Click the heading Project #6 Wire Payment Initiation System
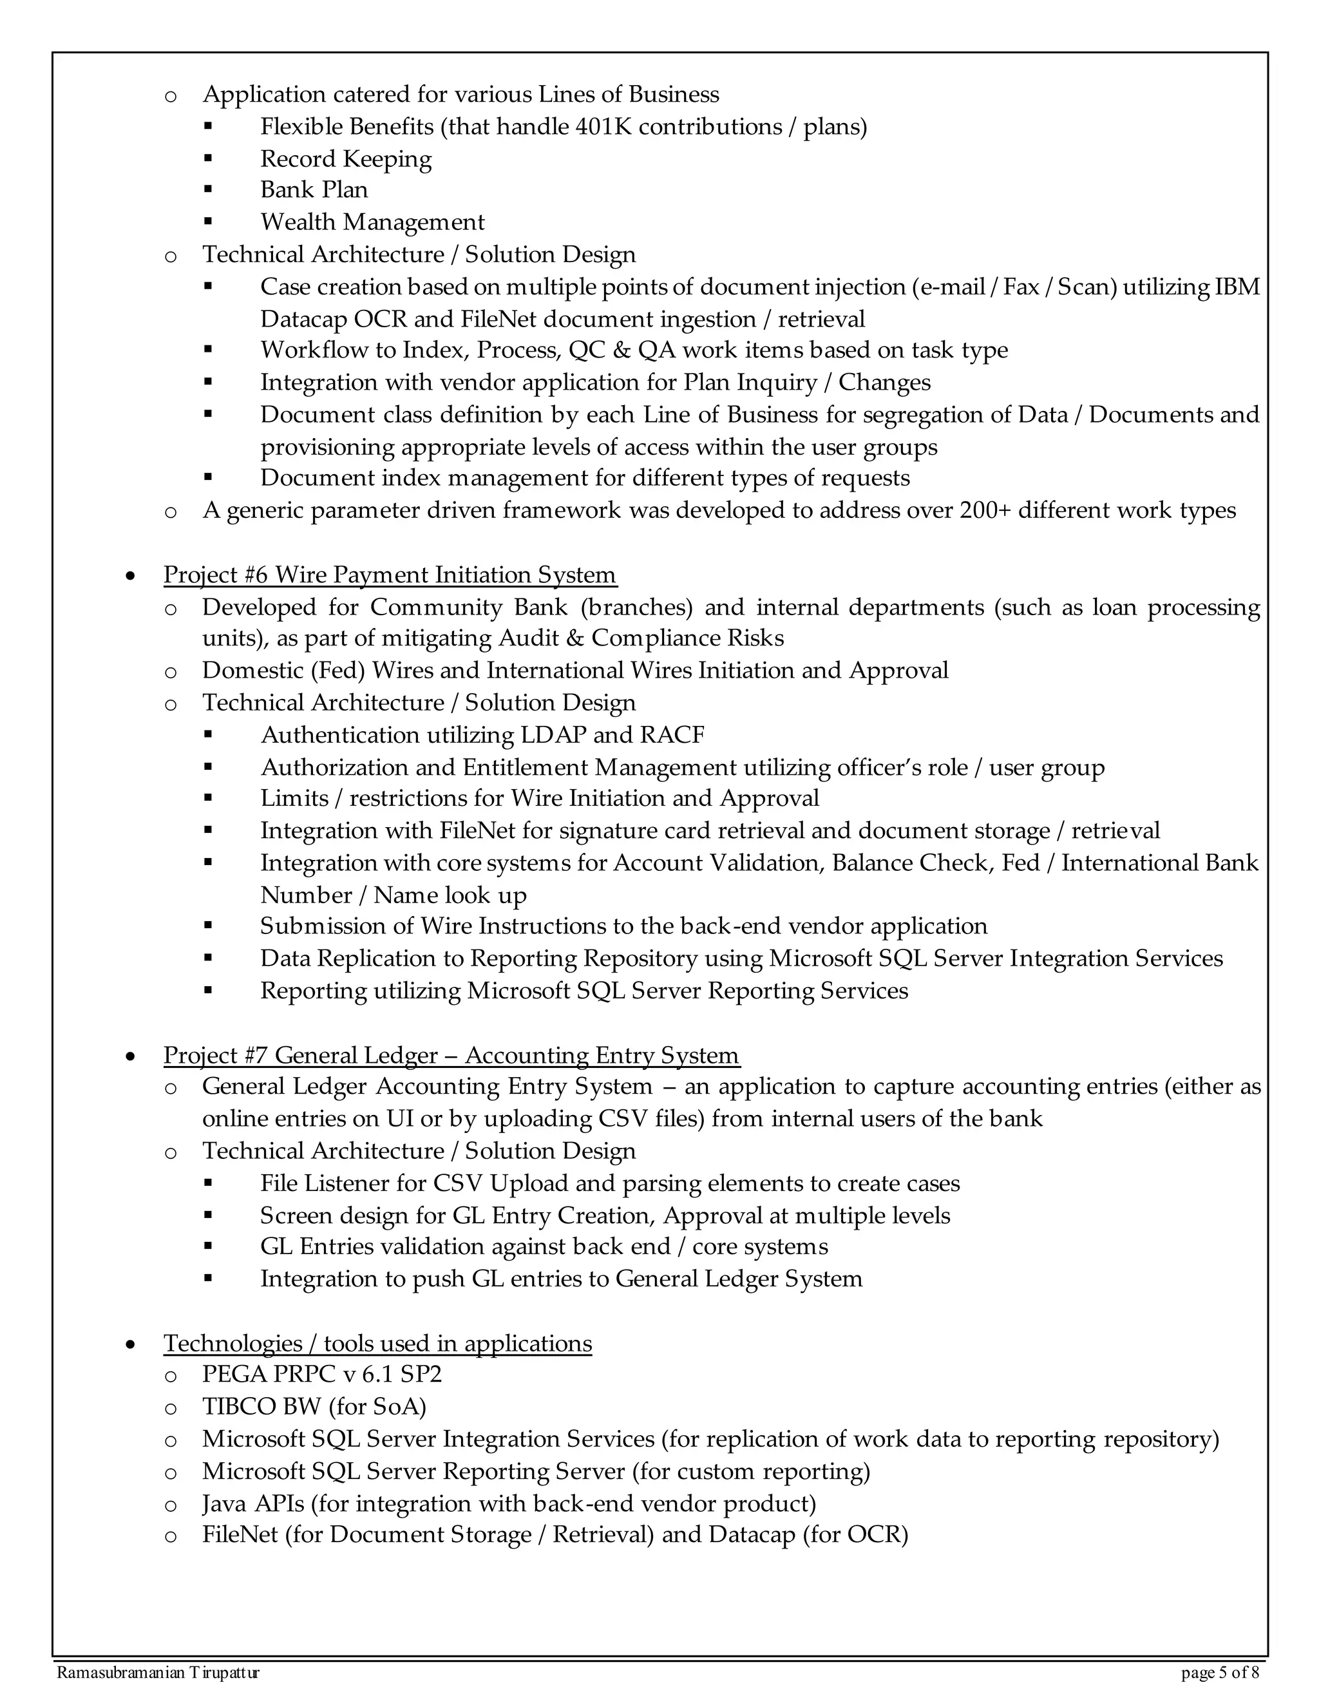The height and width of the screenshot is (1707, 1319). [x=389, y=575]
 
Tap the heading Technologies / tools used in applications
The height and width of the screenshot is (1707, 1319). [x=377, y=1344]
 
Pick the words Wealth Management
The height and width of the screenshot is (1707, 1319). [x=372, y=223]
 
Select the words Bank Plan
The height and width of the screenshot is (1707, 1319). [x=314, y=190]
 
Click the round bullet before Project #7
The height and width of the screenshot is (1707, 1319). [x=131, y=1056]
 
